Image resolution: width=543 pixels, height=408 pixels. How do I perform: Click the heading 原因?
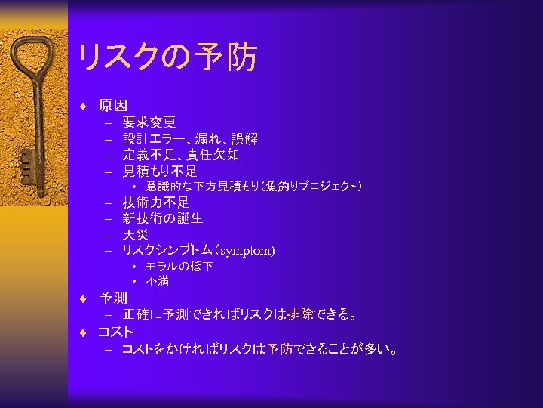pos(113,106)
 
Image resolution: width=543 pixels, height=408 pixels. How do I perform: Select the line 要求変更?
pos(149,122)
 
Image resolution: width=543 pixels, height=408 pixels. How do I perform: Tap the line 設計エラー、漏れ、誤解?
pos(190,138)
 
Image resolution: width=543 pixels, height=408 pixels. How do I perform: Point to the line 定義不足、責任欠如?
pos(181,155)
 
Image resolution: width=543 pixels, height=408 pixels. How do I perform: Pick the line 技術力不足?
pos(156,202)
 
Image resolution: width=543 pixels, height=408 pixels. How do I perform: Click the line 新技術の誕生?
pos(163,218)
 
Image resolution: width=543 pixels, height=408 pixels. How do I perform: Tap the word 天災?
pos(136,234)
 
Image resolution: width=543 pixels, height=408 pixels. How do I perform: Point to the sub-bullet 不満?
pos(158,281)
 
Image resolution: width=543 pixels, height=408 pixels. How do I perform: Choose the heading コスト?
pos(115,332)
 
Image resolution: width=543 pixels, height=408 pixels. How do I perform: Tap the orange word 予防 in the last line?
pos(284,350)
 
